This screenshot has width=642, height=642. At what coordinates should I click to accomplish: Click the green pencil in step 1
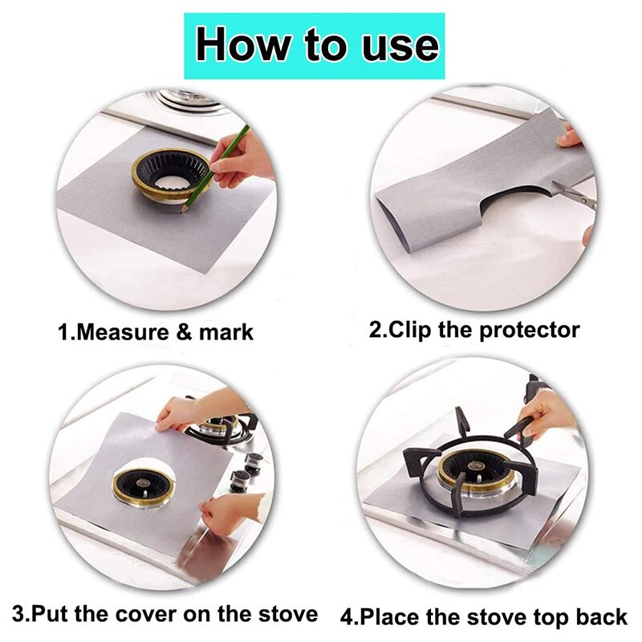(215, 169)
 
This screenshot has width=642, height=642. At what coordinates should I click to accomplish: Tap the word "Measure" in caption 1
(122, 331)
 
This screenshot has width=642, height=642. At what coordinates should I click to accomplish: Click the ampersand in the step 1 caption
(183, 331)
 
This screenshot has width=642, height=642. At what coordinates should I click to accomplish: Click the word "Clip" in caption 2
(409, 330)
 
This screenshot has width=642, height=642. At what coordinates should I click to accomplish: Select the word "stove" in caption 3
(288, 614)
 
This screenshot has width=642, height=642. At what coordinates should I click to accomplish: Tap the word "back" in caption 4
(601, 616)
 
